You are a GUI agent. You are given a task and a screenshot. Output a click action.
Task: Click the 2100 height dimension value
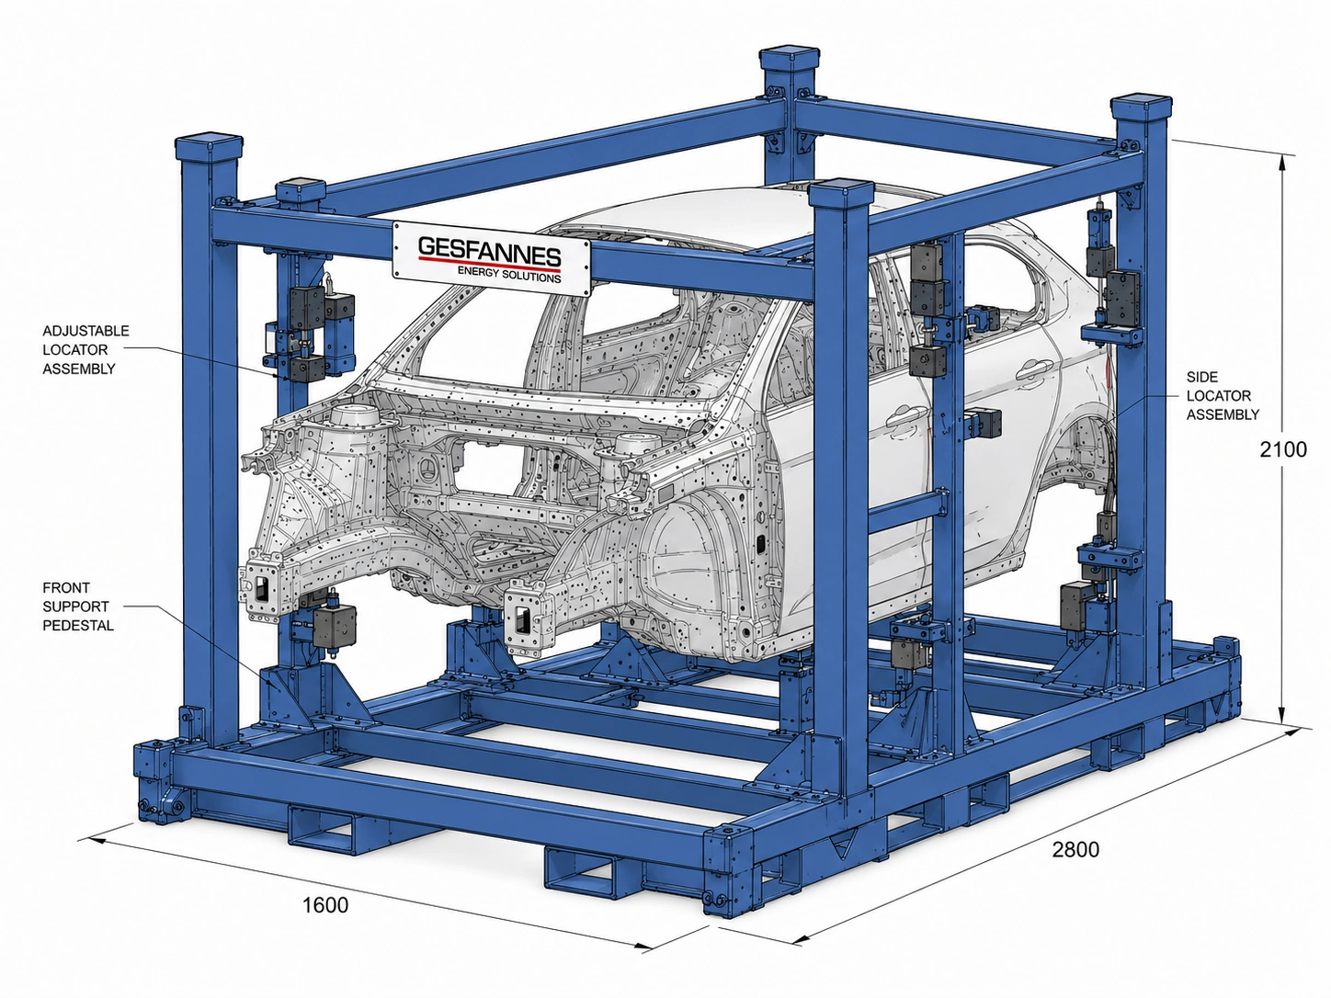(1283, 449)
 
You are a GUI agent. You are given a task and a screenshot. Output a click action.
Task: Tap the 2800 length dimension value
(1075, 849)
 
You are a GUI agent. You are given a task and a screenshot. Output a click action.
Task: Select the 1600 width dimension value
(325, 905)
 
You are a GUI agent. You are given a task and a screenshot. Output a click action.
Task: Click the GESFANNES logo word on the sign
(489, 249)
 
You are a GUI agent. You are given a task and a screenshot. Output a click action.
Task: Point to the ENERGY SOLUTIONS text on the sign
(509, 274)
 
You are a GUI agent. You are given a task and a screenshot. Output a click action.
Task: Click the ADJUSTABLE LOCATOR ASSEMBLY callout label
(85, 349)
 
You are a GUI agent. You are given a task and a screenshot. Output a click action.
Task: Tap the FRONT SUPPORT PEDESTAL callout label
(77, 607)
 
